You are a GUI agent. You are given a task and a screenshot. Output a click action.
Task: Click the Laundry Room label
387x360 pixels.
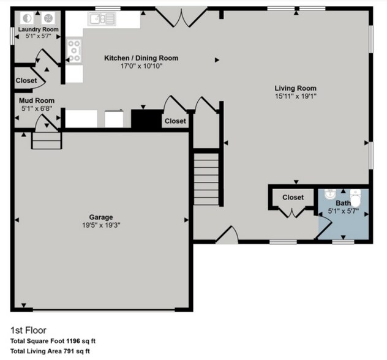point(38,29)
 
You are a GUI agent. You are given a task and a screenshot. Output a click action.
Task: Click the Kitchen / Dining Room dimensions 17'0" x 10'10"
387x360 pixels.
point(141,66)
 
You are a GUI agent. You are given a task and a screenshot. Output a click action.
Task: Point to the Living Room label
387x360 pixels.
point(295,88)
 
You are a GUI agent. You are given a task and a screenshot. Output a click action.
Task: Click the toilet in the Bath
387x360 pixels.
point(356,199)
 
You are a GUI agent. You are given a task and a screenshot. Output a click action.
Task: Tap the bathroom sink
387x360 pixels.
point(330,195)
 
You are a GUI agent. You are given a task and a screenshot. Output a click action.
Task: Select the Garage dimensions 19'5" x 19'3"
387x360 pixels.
point(101,225)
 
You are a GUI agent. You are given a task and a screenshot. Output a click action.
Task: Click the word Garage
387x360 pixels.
point(101,217)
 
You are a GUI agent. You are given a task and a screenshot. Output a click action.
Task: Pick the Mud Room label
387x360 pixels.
point(37,100)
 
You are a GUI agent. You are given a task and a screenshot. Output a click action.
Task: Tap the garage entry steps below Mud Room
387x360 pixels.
point(47,141)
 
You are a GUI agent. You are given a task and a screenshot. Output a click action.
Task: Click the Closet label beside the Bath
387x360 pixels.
point(293,197)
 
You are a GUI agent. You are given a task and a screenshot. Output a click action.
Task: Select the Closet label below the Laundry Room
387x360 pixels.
point(26,81)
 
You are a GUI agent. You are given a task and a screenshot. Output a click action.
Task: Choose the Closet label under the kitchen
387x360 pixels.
point(175,121)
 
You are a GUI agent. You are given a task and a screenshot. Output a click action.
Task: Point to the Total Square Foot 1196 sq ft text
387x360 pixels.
point(53,341)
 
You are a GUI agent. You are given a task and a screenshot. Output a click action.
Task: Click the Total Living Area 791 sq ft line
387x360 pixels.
point(50,351)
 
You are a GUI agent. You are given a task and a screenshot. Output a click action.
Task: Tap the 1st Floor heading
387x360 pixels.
point(28,330)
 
